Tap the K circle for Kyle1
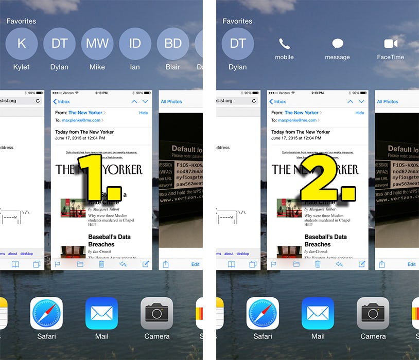(x=22, y=44)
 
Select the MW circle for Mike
(x=97, y=44)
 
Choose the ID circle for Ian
(x=135, y=44)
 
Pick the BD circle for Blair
(x=173, y=44)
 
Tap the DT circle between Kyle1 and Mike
(x=60, y=44)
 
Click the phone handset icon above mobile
(x=284, y=44)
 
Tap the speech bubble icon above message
(x=337, y=44)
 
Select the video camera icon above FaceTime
(x=391, y=44)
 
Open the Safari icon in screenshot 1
(x=46, y=313)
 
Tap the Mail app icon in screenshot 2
(x=318, y=313)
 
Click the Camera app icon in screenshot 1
(x=156, y=313)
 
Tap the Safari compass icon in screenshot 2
(x=263, y=313)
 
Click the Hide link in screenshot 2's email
(x=360, y=113)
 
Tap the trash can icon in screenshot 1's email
(x=101, y=264)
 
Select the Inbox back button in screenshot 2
(x=277, y=101)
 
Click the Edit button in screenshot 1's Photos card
(x=196, y=264)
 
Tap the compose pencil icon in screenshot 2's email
(x=362, y=264)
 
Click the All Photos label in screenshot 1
(x=171, y=101)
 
